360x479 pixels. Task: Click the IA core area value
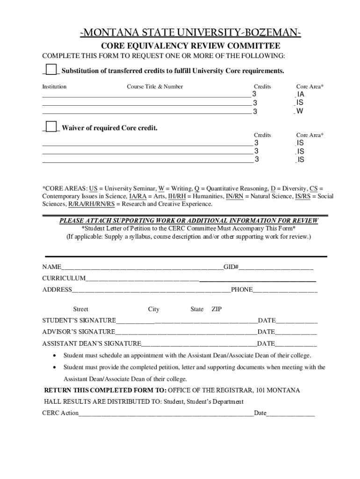(x=300, y=94)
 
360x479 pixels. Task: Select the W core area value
(x=300, y=111)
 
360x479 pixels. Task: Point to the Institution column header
(x=54, y=87)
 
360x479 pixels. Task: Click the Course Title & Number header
(x=155, y=87)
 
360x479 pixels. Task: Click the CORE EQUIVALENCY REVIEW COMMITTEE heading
(x=191, y=46)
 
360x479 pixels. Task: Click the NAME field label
(x=51, y=267)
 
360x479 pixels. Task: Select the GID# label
(x=231, y=267)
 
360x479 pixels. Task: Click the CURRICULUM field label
(x=64, y=278)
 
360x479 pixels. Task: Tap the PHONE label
(x=242, y=290)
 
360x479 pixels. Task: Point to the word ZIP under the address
(x=216, y=309)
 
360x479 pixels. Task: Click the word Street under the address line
(x=80, y=309)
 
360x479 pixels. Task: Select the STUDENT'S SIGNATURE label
(x=79, y=320)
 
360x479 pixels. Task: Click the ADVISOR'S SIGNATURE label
(x=79, y=332)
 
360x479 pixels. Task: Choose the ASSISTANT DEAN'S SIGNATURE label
(x=92, y=343)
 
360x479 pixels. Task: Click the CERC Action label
(x=60, y=414)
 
